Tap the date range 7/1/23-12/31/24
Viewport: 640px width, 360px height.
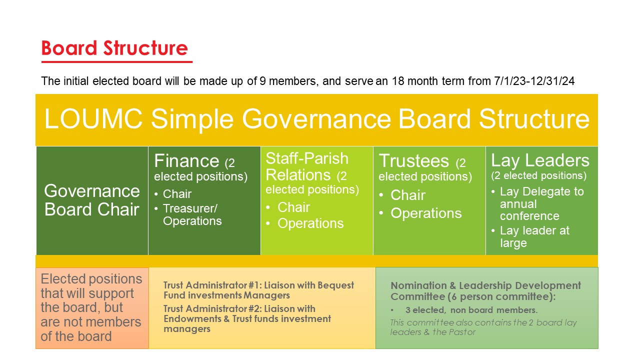pos(534,81)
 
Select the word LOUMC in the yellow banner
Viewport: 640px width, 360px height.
pos(93,119)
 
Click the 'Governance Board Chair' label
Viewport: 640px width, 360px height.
pos(92,200)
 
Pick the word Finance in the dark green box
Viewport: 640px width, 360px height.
pos(186,161)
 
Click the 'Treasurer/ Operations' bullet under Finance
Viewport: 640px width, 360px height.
pos(192,215)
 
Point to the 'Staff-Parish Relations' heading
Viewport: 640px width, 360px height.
pos(307,166)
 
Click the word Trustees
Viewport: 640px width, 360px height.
pos(414,161)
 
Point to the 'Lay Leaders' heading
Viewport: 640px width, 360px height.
pos(540,160)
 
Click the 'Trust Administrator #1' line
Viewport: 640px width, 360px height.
pos(258,290)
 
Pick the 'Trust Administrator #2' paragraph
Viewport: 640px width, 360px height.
pos(247,318)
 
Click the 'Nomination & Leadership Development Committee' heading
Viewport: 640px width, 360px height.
pos(485,291)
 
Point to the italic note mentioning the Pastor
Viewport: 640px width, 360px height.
pos(483,327)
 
